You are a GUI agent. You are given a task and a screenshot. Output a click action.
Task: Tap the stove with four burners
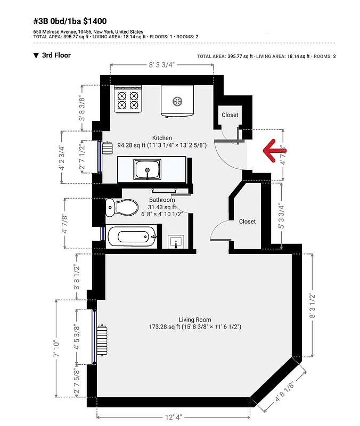(x=127, y=101)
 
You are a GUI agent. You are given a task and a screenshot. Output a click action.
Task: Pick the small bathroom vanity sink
(x=176, y=242)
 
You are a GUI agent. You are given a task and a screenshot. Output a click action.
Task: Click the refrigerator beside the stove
(x=177, y=101)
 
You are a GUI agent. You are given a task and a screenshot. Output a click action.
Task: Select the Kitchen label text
(x=162, y=137)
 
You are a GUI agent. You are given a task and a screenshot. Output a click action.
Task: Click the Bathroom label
(x=162, y=200)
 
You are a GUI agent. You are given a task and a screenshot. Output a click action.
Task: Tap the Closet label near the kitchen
(x=230, y=115)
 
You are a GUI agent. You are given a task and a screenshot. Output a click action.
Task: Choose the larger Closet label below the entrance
(x=247, y=222)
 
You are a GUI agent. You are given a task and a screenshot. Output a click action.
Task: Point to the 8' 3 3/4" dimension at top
(x=161, y=64)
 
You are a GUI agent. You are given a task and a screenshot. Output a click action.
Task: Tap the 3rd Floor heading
(x=56, y=55)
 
